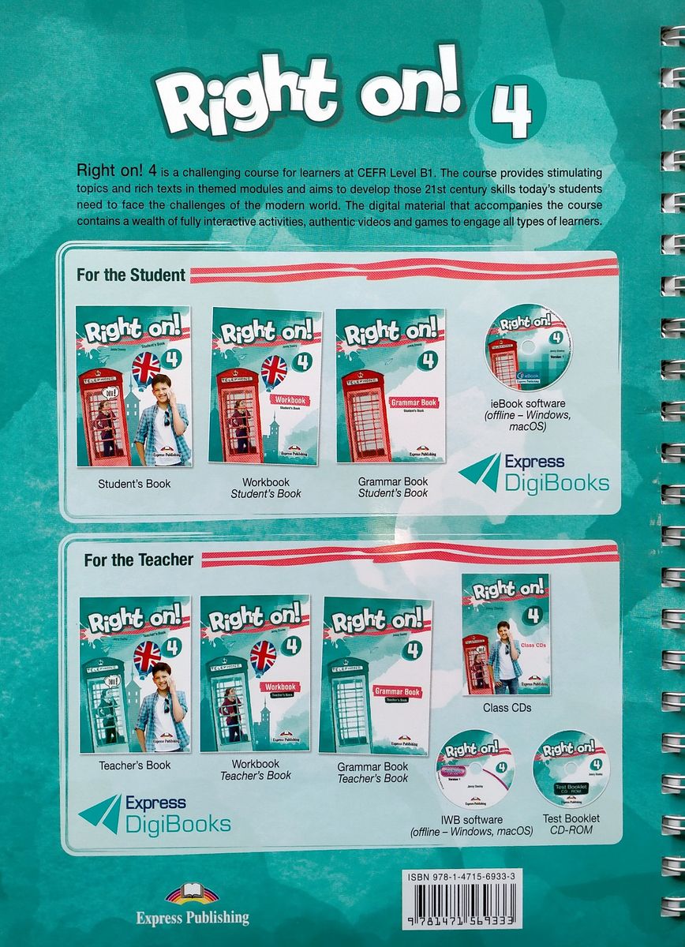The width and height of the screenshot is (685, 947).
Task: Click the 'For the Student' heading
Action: click(131, 275)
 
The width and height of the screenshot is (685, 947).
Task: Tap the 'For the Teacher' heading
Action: click(139, 560)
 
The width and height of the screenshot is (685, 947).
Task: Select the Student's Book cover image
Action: click(133, 387)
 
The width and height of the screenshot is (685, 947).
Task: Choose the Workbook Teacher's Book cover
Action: click(255, 673)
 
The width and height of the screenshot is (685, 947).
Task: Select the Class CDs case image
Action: click(506, 634)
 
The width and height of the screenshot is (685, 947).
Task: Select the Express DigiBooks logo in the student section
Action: click(534, 473)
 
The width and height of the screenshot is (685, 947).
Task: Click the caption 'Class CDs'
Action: click(507, 708)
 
